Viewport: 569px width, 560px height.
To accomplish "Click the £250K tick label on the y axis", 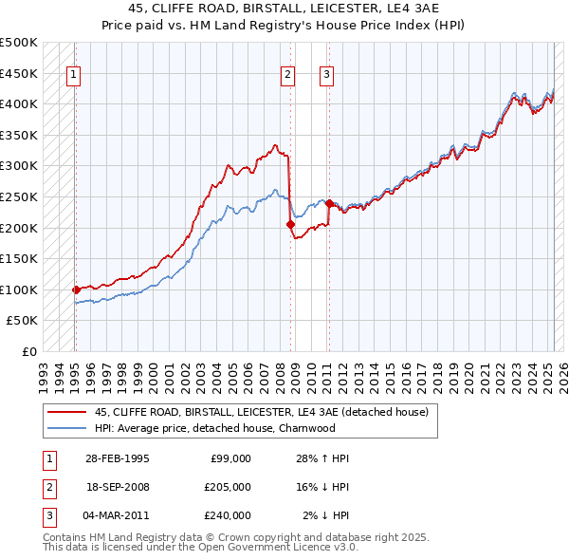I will [x=19, y=196].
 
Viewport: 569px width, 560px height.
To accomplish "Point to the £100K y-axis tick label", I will [x=19, y=289].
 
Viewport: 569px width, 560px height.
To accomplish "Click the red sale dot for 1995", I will [x=75, y=289].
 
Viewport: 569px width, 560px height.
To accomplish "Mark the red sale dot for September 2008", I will [x=291, y=224].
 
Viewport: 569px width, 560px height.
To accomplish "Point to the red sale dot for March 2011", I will [x=329, y=202].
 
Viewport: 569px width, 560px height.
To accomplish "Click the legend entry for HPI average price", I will [x=215, y=428].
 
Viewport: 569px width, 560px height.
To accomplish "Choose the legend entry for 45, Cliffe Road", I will [x=262, y=412].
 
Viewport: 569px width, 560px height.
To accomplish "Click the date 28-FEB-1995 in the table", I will [x=118, y=458].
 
